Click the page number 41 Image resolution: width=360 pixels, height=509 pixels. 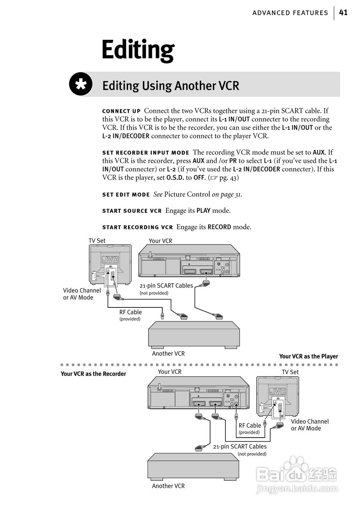pyautogui.click(x=343, y=13)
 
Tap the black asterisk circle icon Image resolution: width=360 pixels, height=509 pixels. pyautogui.click(x=81, y=84)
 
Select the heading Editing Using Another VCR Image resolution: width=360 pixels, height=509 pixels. pyautogui.click(x=171, y=85)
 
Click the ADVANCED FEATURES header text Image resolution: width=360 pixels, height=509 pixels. pyautogui.click(x=290, y=13)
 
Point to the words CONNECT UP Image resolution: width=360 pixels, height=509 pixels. pyautogui.click(x=121, y=111)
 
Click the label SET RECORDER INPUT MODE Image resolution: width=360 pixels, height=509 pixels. pyautogui.click(x=145, y=153)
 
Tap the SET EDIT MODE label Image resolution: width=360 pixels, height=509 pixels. pyautogui.click(x=126, y=195)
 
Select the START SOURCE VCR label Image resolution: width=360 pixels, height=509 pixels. pyautogui.click(x=132, y=211)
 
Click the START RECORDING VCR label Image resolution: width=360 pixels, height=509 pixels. pyautogui.click(x=137, y=227)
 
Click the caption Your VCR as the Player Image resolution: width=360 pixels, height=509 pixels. pyautogui.click(x=308, y=356)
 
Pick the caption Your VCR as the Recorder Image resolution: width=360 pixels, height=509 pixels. pyautogui.click(x=93, y=374)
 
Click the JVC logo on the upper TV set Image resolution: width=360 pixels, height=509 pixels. pyautogui.click(x=110, y=260)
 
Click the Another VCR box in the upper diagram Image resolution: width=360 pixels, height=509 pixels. pyautogui.click(x=194, y=334)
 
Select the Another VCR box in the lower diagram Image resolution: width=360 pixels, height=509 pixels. pyautogui.click(x=193, y=466)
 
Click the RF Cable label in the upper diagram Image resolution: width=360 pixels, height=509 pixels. pyautogui.click(x=131, y=312)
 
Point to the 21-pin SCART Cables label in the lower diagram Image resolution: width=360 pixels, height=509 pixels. pyautogui.click(x=240, y=447)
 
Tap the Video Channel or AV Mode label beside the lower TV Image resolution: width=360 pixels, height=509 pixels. pyautogui.click(x=310, y=425)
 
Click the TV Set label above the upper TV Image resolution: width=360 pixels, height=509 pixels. pyautogui.click(x=97, y=241)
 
